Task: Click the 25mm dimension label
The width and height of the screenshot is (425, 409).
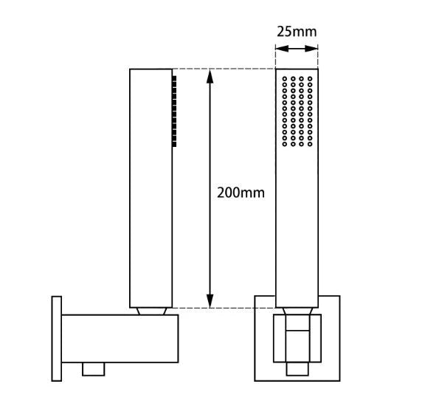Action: tap(297, 32)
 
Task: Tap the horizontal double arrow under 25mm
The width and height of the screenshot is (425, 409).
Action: tap(297, 49)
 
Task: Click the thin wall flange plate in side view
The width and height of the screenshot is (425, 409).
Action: tap(56, 339)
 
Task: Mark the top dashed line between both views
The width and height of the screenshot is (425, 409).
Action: tap(225, 69)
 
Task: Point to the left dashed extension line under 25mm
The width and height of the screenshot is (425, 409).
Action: tap(276, 58)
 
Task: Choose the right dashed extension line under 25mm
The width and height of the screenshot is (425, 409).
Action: tap(318, 58)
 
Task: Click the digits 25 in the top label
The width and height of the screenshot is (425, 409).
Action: tap(285, 32)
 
